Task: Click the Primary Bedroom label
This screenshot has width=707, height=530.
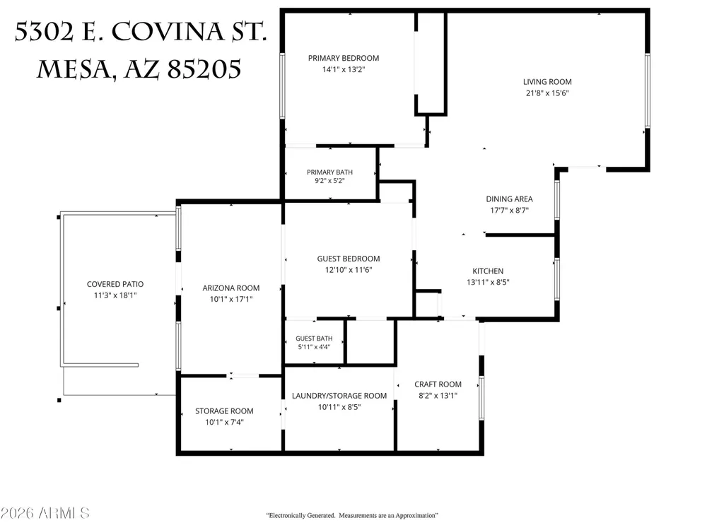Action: pos(343,58)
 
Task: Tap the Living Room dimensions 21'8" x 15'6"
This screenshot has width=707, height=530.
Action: pos(547,93)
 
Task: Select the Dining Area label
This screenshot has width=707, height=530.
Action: pos(509,199)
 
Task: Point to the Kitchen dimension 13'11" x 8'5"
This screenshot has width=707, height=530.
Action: pos(488,282)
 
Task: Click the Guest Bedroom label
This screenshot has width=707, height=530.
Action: pos(348,259)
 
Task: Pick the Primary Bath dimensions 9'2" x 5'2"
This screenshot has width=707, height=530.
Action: pos(329,181)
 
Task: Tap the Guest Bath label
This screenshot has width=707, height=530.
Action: pos(314,338)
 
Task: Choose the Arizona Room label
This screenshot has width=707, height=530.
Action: pos(231,288)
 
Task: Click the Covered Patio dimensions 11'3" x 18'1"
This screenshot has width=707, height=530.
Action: pos(115,295)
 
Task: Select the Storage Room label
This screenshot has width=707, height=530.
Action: pos(224,411)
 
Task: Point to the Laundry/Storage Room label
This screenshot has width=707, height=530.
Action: pos(339,396)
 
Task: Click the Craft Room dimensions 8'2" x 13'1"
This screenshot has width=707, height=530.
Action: pos(438,396)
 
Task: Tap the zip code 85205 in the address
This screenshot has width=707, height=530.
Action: pos(204,70)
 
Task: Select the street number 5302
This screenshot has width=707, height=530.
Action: pos(44,32)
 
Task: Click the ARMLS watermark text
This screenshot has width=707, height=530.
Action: pos(64,513)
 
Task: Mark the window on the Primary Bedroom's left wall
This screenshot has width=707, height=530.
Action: pos(283,86)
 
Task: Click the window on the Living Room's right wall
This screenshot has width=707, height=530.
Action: pos(648,90)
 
